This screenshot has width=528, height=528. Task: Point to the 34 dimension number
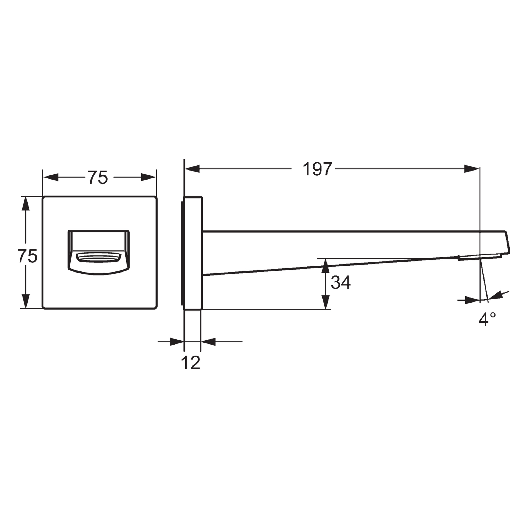point(340,282)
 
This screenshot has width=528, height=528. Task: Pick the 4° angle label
point(487,319)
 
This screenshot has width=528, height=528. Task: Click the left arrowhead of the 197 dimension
point(192,169)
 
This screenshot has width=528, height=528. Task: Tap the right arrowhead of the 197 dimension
point(472,169)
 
